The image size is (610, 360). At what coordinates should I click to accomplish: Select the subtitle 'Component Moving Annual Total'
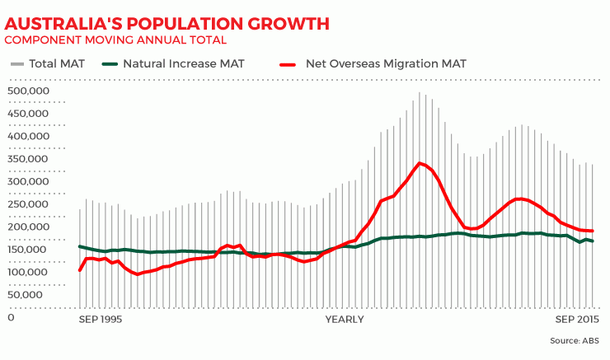click(115, 40)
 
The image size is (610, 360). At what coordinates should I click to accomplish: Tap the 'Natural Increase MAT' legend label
click(186, 63)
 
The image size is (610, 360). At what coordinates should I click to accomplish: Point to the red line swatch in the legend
click(288, 63)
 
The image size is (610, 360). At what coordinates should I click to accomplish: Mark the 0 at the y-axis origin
click(11, 318)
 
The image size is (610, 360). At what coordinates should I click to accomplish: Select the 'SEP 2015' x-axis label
click(576, 319)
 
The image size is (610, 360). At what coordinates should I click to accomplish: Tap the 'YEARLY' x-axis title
click(345, 319)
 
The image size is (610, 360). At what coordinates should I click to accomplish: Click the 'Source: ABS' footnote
click(574, 340)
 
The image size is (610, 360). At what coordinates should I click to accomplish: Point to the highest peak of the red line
click(420, 163)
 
